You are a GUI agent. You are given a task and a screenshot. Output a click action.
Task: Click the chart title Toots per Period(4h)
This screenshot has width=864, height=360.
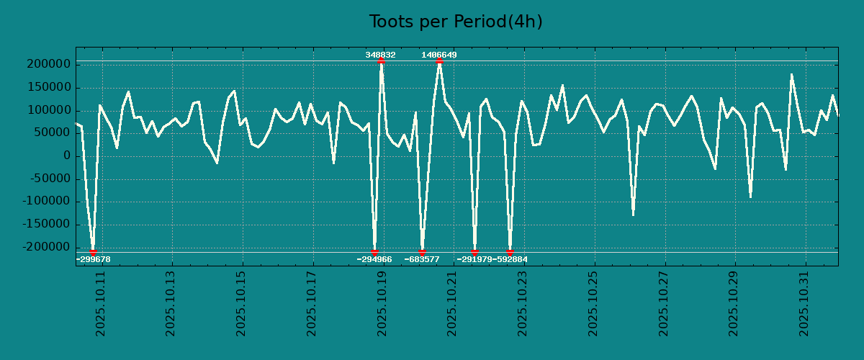(456, 22)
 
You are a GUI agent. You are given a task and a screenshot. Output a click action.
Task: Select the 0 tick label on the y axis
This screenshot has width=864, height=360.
(66, 156)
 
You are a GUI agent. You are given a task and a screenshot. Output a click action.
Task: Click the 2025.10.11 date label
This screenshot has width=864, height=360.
(102, 303)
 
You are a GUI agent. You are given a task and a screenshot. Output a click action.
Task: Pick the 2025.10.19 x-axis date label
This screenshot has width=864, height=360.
(383, 303)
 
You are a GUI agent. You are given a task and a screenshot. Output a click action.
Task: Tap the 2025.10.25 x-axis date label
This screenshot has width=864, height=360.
(594, 303)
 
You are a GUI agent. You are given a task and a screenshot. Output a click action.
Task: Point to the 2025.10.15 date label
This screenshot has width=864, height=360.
(242, 303)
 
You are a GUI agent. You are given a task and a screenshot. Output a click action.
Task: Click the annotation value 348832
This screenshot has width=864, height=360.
(380, 55)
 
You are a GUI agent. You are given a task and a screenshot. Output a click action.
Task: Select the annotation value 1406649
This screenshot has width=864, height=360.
(439, 55)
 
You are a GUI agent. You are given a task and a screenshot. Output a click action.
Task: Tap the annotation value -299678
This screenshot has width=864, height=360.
(93, 259)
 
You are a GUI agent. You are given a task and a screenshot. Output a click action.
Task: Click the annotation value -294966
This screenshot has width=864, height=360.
(374, 259)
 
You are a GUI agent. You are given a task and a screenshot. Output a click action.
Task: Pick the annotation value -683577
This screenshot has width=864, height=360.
(422, 259)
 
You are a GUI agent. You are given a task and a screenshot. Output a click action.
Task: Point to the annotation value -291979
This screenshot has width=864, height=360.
(474, 259)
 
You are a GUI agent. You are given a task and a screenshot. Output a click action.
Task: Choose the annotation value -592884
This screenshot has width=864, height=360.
(510, 259)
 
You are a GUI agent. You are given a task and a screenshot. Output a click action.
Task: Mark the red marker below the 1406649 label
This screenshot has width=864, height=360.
(439, 61)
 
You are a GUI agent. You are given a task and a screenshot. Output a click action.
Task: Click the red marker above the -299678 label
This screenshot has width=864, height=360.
(93, 252)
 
